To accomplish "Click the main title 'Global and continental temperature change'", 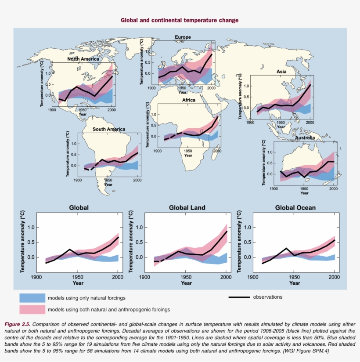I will [180, 20].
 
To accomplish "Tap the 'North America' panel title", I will [83, 59].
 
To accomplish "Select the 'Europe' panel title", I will [183, 37].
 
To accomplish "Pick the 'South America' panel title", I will [108, 129].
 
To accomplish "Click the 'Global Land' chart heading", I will [187, 208].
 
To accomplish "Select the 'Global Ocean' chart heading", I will [295, 208].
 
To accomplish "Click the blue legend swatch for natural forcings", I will [32, 298].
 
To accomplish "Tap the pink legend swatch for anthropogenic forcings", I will [32, 309].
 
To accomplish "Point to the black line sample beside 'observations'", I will [239, 297].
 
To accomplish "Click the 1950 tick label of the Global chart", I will [78, 278].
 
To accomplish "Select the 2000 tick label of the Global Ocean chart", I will [335, 278].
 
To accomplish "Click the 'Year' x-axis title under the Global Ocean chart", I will [295, 283].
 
